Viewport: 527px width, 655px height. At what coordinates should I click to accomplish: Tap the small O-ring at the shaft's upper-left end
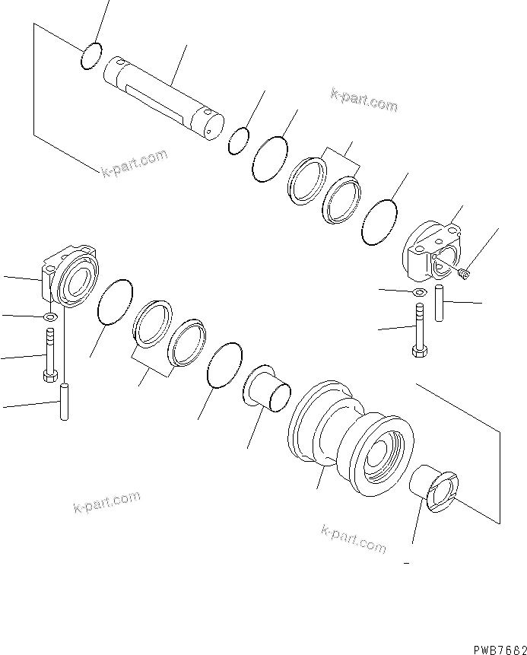click(x=90, y=56)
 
